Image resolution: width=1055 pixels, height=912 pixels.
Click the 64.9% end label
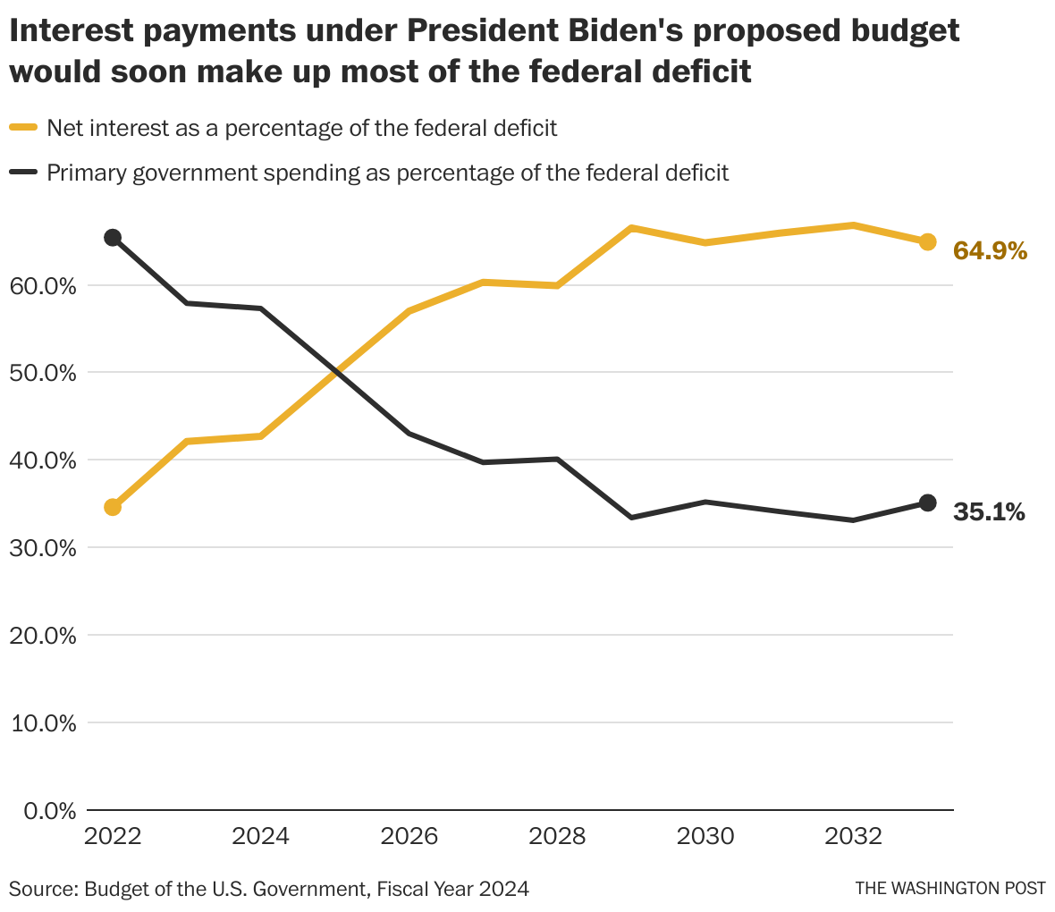[990, 251]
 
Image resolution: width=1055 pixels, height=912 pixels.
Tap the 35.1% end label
[989, 512]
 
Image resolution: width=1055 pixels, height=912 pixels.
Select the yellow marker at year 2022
[113, 507]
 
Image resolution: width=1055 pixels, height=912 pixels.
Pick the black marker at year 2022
[113, 238]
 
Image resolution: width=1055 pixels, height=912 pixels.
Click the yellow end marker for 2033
[928, 241]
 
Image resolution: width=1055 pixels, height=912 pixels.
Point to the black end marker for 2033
[928, 503]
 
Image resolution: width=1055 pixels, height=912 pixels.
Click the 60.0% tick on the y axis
[44, 286]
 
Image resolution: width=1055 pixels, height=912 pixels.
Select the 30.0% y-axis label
[44, 548]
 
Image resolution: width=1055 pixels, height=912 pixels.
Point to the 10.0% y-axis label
[44, 723]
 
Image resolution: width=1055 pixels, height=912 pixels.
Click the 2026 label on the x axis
[409, 837]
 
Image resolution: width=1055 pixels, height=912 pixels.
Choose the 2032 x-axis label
[854, 837]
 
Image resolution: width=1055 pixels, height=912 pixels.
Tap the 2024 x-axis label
[260, 837]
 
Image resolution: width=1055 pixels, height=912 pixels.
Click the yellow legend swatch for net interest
[23, 128]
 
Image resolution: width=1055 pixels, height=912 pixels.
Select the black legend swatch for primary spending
[23, 172]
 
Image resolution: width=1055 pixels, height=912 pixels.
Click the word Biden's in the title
[632, 31]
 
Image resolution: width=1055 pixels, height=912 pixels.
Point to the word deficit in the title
[693, 72]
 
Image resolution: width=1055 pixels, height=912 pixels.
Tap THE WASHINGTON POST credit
[950, 889]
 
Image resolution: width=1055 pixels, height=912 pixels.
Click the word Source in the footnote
[42, 890]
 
